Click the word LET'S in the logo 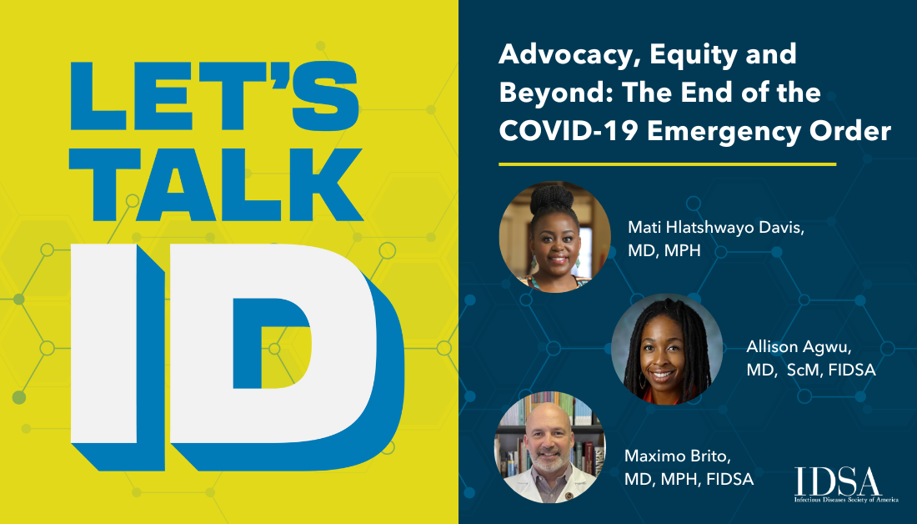pyautogui.click(x=214, y=96)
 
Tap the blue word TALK pyautogui.click(x=217, y=184)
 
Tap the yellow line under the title pyautogui.click(x=667, y=164)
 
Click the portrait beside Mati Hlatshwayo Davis pyautogui.click(x=554, y=236)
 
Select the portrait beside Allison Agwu pyautogui.click(x=667, y=349)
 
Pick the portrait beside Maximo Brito pyautogui.click(x=549, y=447)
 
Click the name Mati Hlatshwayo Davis pyautogui.click(x=716, y=229)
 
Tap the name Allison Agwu pyautogui.click(x=799, y=347)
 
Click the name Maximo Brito pyautogui.click(x=677, y=456)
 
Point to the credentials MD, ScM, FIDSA pyautogui.click(x=810, y=370)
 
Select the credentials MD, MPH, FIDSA pyautogui.click(x=689, y=480)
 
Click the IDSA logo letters pyautogui.click(x=838, y=481)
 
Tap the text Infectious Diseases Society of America pyautogui.click(x=845, y=500)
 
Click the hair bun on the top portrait pyautogui.click(x=551, y=198)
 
